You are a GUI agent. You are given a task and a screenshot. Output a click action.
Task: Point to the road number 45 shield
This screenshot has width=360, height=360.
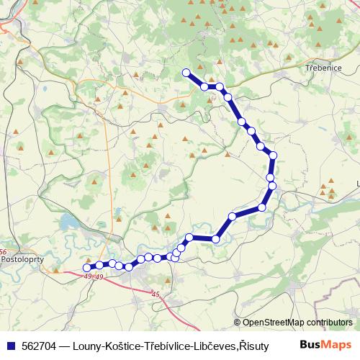coord(156,294)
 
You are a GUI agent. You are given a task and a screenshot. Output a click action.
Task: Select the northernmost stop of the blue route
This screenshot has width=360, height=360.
coord(186,72)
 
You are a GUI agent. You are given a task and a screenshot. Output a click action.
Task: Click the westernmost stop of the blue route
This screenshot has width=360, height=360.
coord(87,268)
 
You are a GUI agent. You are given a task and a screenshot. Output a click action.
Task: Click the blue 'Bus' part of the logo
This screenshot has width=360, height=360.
coord(310,345)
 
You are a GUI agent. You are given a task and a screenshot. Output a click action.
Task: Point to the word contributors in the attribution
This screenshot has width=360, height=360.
coord(329,323)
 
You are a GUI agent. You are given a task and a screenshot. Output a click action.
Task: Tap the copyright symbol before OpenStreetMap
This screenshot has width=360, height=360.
coord(238,323)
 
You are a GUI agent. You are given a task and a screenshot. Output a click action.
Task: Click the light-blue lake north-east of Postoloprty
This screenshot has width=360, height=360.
coord(68,220)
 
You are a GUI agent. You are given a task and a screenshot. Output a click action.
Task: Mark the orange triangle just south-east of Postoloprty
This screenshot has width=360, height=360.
coord(55,271)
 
